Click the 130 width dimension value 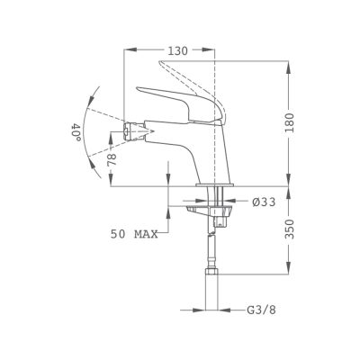pos(177,51)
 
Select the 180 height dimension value pos(290,123)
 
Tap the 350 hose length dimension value pos(290,229)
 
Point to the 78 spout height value pos(112,159)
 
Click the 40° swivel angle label pos(76,132)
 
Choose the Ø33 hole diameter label pos(264,202)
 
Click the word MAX pos(146,234)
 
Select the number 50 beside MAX pos(118,234)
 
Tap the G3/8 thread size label pos(261,310)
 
